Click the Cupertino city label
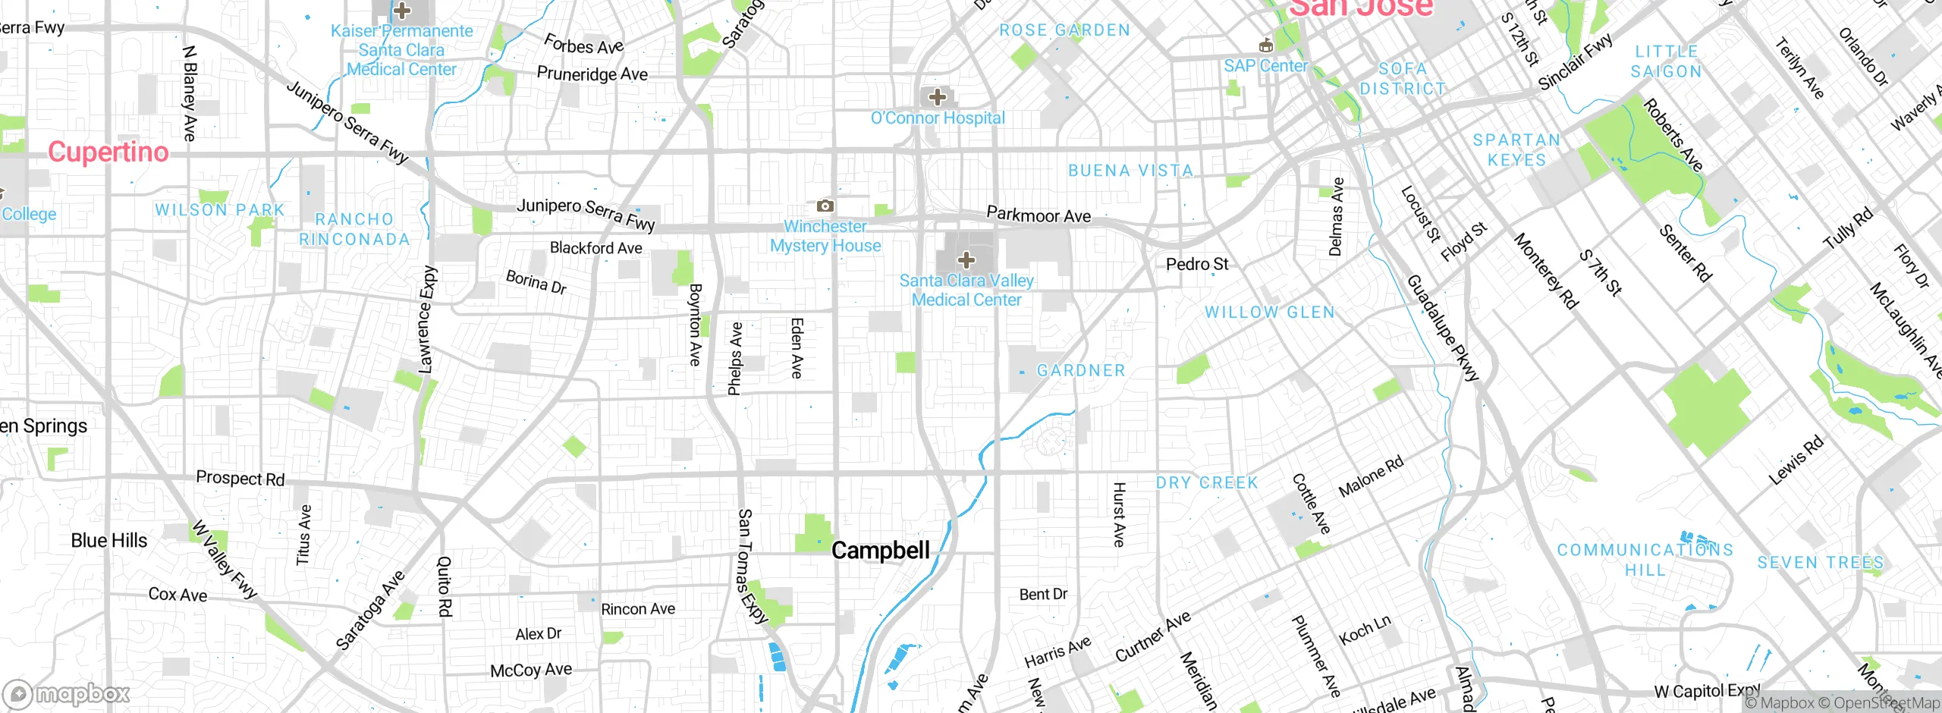point(108,152)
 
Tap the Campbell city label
point(880,551)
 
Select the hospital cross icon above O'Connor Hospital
point(938,97)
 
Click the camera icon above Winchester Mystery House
point(825,206)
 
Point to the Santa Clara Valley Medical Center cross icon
point(966,260)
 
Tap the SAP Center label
point(1265,66)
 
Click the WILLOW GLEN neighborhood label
point(1269,313)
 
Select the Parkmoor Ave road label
point(1039,215)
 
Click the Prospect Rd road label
point(240,479)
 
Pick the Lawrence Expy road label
point(427,319)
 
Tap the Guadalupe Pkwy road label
point(1442,328)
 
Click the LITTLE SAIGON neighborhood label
point(1666,61)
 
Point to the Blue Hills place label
point(109,541)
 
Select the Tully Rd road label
point(1847,228)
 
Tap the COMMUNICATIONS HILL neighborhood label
point(1645,560)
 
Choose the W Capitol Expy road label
point(1707,691)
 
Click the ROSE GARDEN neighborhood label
point(1064,30)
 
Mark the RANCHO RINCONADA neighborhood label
point(354,229)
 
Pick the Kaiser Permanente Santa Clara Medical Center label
point(401,50)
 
